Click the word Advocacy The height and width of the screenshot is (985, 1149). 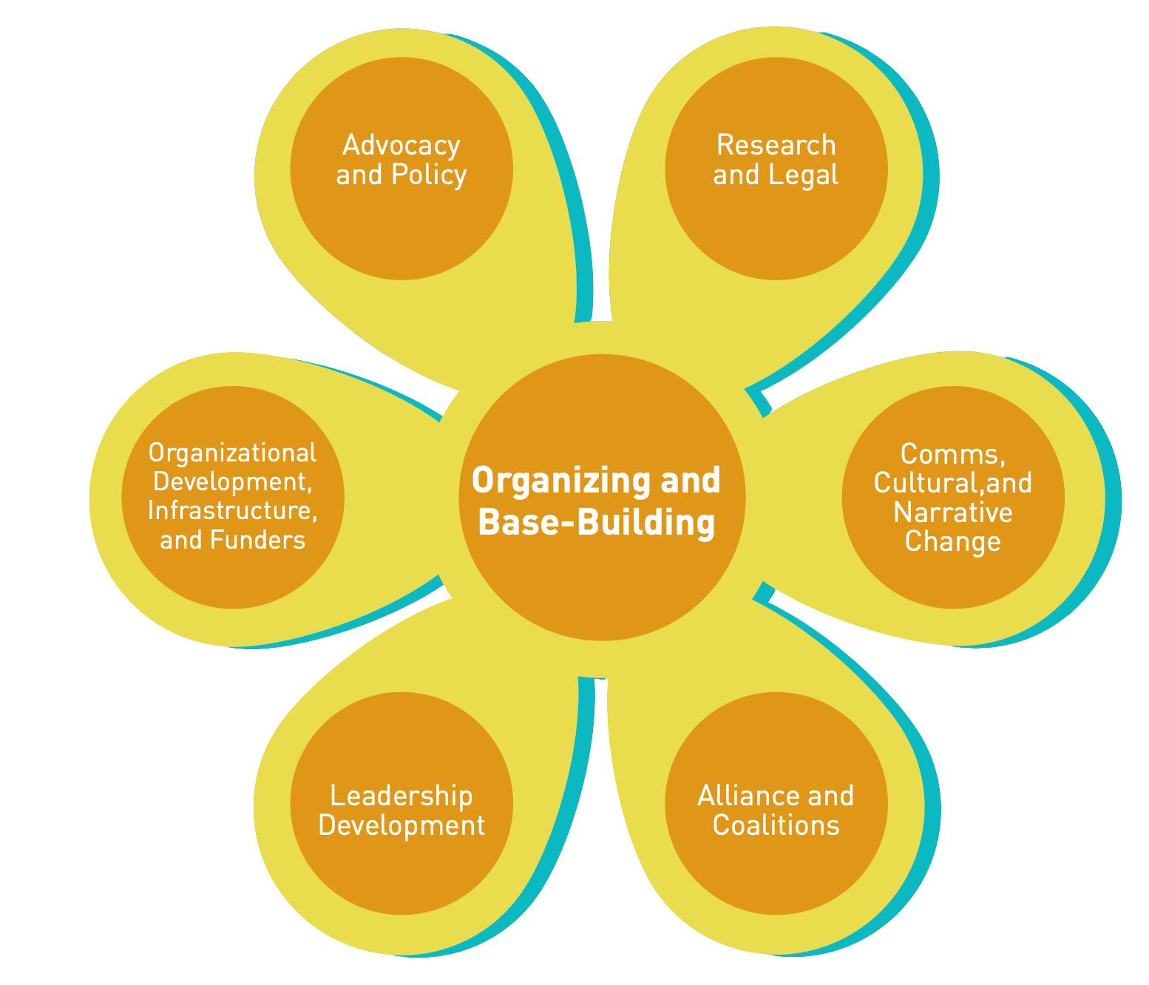401,146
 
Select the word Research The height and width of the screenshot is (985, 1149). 776,146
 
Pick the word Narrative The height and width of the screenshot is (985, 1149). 952,512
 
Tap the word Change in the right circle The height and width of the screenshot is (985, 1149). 952,542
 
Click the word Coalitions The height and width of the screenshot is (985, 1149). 776,826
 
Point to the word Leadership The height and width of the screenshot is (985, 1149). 401,796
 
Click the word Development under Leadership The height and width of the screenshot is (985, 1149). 401,826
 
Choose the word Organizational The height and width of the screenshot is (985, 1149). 232,453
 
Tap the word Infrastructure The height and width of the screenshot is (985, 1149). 232,511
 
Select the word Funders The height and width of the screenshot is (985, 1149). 257,541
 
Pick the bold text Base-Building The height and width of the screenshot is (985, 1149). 597,523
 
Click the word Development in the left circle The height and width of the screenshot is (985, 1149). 231,482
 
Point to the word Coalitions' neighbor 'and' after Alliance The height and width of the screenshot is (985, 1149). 830,796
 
